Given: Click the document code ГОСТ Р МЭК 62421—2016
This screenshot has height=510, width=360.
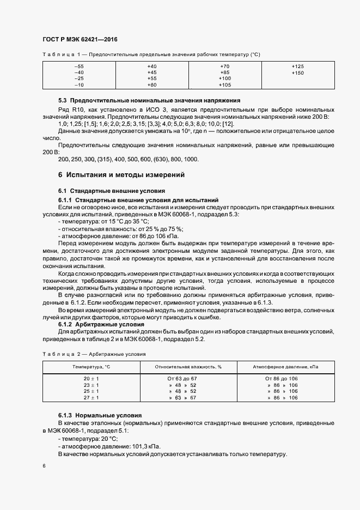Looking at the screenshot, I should point(80,40).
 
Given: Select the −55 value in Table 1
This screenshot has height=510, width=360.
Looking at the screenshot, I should point(79,66).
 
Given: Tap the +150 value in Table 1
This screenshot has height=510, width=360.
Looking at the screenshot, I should point(297,72).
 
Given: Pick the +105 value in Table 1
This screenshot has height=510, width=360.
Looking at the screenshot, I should point(224,86).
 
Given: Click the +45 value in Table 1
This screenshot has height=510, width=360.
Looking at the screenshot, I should point(152,72).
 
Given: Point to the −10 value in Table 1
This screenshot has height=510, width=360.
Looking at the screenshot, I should point(79,86).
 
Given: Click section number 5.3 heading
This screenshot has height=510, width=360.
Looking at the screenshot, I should point(63,101).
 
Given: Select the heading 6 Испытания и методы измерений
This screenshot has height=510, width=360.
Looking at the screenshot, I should point(121,175).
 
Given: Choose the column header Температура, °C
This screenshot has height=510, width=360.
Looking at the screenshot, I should point(91,367).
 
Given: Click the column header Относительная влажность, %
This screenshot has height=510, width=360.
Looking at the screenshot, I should point(188,367).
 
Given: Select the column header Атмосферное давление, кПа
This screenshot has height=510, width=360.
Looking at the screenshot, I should point(285,367).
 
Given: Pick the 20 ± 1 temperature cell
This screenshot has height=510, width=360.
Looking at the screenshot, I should point(91,378).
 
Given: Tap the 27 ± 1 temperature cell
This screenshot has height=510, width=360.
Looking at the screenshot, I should point(91,398).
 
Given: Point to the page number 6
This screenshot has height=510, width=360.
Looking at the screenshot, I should point(44,466).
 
